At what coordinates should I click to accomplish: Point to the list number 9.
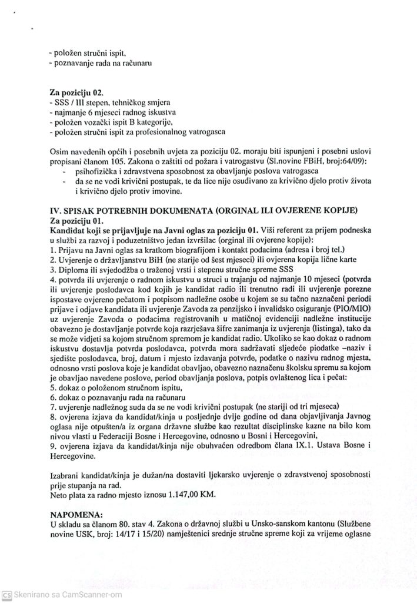[x=54, y=446]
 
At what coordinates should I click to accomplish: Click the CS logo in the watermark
[x=6, y=595]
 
